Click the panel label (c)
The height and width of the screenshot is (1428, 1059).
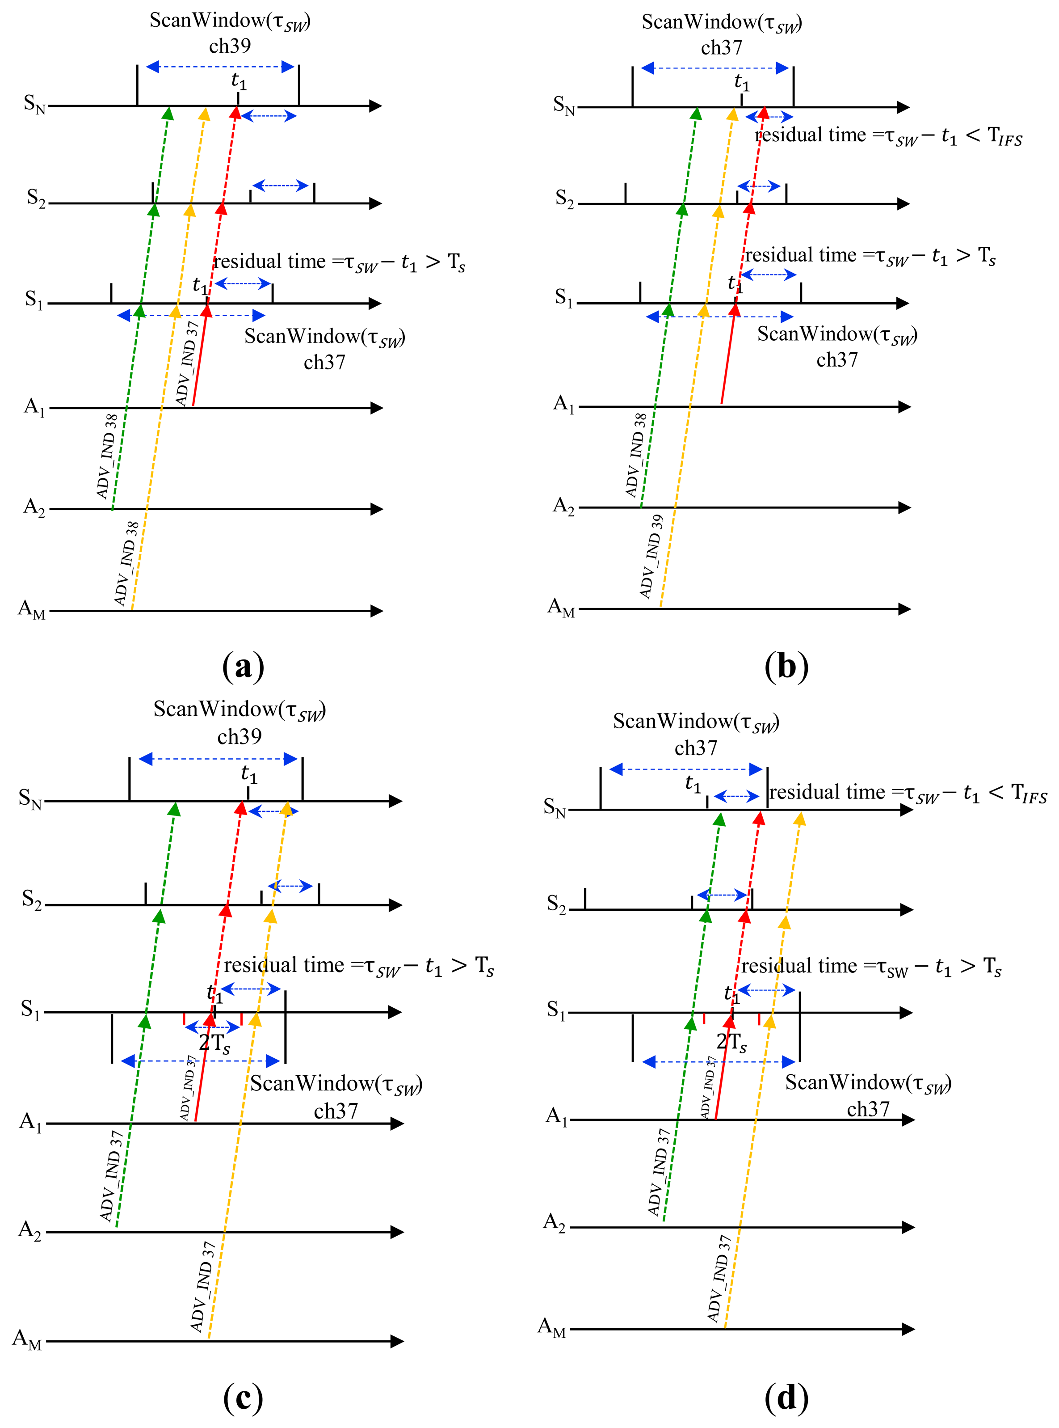(243, 1397)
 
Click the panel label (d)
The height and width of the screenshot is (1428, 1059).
(786, 1397)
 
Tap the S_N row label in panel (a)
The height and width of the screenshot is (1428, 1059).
(34, 104)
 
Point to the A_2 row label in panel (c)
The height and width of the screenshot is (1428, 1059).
(29, 1230)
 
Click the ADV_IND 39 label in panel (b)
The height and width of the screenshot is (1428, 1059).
(651, 556)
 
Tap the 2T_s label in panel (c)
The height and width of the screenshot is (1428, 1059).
(214, 1043)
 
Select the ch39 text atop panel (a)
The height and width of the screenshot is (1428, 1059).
(230, 46)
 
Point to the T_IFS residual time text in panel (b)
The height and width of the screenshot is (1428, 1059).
(888, 136)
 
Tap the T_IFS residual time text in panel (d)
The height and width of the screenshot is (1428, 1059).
(908, 794)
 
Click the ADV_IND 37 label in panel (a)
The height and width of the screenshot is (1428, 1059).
(186, 363)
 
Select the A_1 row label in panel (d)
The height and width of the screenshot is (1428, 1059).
(556, 1116)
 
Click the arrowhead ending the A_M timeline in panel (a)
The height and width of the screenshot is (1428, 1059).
(377, 611)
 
